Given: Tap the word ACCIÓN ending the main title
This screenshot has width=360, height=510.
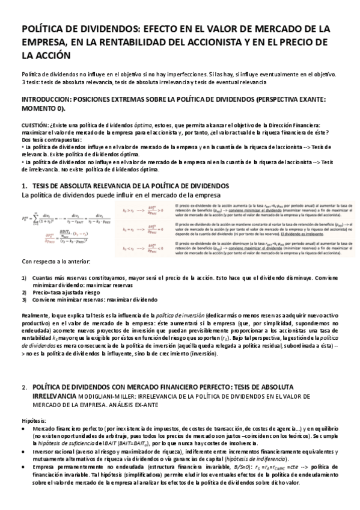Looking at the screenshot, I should tap(53, 55).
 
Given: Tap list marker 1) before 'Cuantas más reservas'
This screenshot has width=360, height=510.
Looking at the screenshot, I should tap(23, 278).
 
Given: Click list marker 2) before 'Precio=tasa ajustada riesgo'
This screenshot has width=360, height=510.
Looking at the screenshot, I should tap(23, 292).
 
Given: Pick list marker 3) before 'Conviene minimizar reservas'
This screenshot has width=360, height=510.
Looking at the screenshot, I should tap(23, 299).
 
